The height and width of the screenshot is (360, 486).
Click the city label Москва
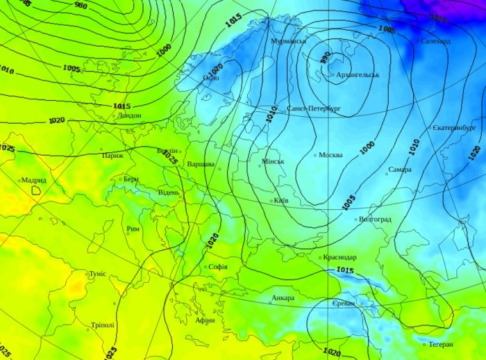pos(330,155)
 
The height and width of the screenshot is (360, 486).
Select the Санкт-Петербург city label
pos(314,109)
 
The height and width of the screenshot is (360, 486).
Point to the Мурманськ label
pos(289,41)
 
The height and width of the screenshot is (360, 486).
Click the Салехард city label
pos(435,41)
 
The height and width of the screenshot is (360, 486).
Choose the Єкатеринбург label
pos(454,128)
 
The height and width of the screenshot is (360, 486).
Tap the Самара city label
pos(400,170)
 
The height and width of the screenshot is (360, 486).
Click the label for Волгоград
pos(375,220)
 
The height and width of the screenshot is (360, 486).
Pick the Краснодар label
pos(340,258)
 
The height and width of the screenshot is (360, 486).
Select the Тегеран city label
pos(440,345)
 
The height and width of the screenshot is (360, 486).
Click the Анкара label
pos(283,298)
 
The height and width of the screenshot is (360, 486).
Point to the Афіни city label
pos(205,320)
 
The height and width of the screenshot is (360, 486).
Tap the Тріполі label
pos(103,325)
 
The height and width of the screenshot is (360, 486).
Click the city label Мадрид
pos(33,180)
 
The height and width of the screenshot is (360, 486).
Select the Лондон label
pos(129,115)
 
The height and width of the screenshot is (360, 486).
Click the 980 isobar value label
pos(81,6)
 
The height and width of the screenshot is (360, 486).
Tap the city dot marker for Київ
pos(271,202)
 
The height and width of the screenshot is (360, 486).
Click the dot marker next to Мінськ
pos(260,165)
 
